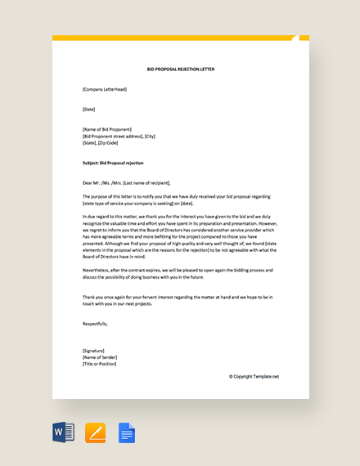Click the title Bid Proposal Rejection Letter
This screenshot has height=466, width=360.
(x=180, y=69)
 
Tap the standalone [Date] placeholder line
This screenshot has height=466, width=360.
(x=89, y=109)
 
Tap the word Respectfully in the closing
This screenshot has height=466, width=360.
(x=95, y=324)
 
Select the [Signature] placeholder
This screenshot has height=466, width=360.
(x=94, y=350)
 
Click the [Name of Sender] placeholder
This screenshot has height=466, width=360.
(x=101, y=356)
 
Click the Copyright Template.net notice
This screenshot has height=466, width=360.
(x=254, y=377)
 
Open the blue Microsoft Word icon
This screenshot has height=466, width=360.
(x=63, y=432)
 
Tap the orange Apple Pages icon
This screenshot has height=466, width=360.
(x=95, y=432)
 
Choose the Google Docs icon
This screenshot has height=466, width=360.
(x=127, y=432)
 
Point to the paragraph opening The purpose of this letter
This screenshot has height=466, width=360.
(x=180, y=199)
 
